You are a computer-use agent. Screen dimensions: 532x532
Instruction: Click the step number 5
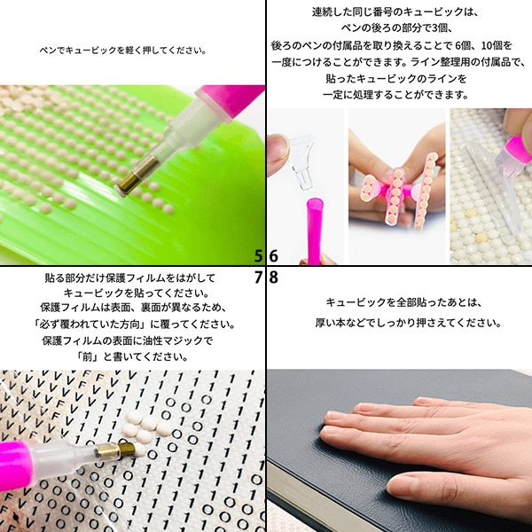pos(258,256)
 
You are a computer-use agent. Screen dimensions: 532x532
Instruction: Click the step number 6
pos(274,256)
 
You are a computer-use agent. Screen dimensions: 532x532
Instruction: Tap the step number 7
pos(258,276)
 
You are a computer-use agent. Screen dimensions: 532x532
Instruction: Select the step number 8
pos(274,276)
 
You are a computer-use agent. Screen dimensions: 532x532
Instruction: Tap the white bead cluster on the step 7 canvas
pos(139,428)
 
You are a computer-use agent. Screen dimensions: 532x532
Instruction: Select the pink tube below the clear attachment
pos(313,229)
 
